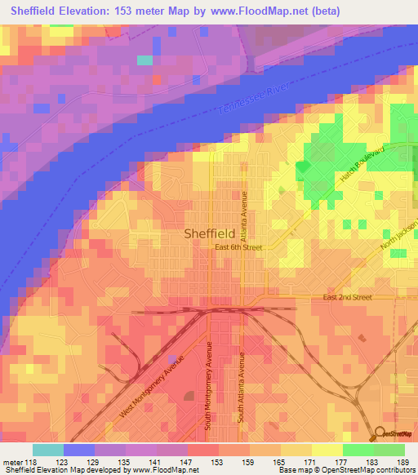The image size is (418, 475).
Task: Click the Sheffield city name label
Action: point(211,233)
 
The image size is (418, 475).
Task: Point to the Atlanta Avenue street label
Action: point(243,212)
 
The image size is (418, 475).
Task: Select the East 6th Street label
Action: point(238,246)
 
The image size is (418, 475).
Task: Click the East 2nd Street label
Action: point(347,297)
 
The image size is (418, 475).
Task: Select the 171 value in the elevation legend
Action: point(303,461)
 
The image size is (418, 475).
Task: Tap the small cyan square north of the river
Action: point(145,60)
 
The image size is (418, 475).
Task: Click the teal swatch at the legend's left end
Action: point(47,450)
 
